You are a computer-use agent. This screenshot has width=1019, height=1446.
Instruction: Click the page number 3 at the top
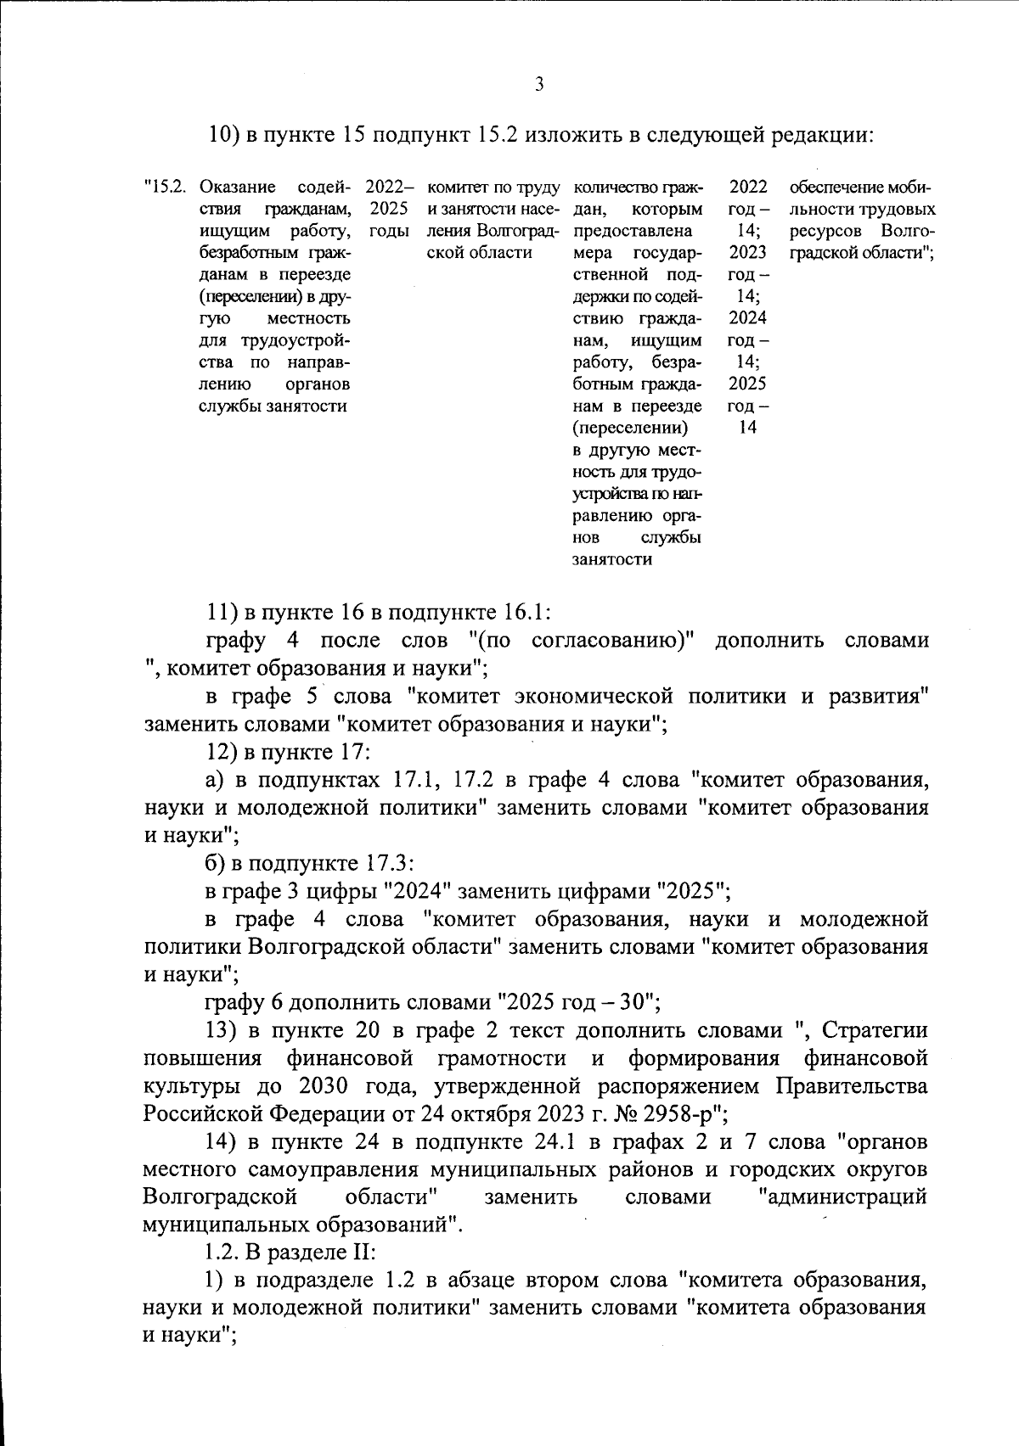(x=538, y=83)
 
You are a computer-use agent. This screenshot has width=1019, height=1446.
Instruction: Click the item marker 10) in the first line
(x=224, y=135)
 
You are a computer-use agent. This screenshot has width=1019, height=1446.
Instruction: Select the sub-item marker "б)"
(x=217, y=864)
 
